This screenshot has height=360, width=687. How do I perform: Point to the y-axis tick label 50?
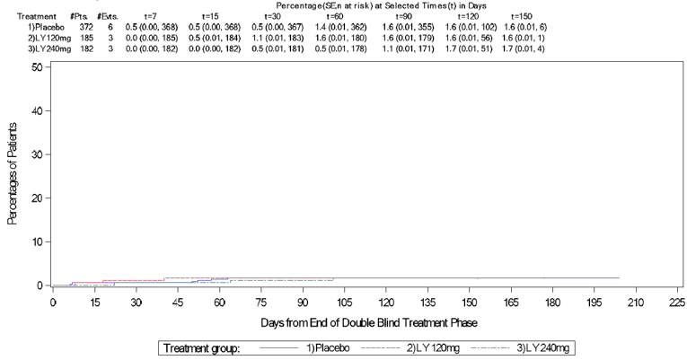tap(35, 67)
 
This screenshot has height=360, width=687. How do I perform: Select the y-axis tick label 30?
tap(35, 154)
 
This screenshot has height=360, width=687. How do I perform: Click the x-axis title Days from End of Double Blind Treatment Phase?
tap(357, 321)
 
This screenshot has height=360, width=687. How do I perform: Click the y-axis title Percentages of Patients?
tap(13, 176)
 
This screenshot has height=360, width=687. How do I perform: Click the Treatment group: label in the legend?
tap(202, 347)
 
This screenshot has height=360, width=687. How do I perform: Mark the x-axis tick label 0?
tap(52, 303)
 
